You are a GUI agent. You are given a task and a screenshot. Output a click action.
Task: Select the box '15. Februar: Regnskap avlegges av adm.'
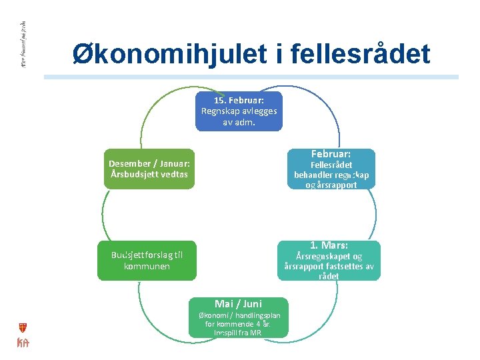(x=239, y=111)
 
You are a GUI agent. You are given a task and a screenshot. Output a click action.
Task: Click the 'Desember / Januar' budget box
(x=149, y=169)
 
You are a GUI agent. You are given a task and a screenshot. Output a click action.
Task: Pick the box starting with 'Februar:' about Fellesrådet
(x=331, y=169)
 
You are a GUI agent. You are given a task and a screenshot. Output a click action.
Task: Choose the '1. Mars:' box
(x=329, y=260)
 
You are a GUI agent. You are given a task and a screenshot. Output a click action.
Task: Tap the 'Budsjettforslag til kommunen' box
(x=147, y=260)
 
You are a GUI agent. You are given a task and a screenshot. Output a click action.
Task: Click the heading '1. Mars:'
(x=329, y=245)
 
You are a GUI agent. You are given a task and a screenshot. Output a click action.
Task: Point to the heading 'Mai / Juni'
(x=238, y=303)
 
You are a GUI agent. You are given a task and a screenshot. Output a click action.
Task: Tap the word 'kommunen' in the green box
(x=147, y=266)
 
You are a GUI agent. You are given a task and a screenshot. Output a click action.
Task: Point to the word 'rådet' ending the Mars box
(x=329, y=276)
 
